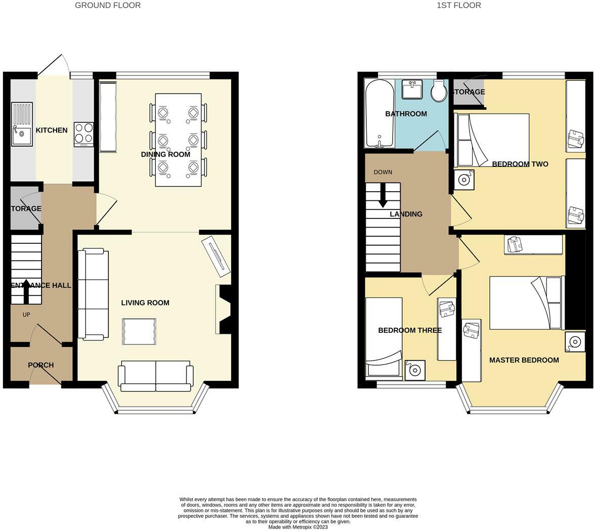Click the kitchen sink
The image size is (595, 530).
(x=22, y=124)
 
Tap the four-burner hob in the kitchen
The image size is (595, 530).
(x=83, y=134)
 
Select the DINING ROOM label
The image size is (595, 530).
(x=165, y=154)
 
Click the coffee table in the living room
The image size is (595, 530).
(x=139, y=332)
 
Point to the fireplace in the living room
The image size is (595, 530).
(x=224, y=309)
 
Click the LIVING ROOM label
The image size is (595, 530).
(x=145, y=302)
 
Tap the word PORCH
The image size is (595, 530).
(x=40, y=365)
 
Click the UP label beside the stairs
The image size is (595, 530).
(x=26, y=315)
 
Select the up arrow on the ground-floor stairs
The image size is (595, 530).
(x=26, y=290)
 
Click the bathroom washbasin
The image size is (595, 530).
(x=412, y=90)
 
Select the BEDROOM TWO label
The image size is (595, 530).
(x=520, y=164)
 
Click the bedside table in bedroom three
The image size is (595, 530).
(x=415, y=370)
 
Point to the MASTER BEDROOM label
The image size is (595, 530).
(x=524, y=360)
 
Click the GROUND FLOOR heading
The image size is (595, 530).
(x=108, y=5)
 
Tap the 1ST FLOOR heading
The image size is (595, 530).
(x=458, y=5)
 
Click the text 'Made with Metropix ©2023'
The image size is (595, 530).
(x=298, y=526)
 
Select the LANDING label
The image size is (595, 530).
(x=406, y=214)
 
